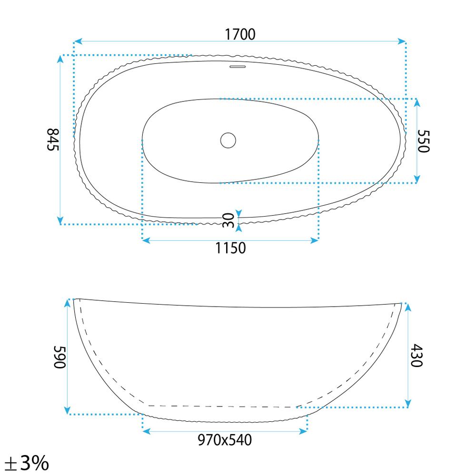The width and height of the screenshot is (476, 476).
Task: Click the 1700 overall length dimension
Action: click(240, 34)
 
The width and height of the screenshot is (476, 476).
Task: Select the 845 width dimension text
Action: click(53, 139)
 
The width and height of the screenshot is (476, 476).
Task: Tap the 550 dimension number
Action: click(424, 141)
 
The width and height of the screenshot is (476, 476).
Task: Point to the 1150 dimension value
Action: click(230, 248)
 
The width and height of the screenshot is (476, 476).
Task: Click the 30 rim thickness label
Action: click(228, 220)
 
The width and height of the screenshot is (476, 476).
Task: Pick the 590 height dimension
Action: click(59, 357)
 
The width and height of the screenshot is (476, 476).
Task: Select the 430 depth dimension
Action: click(416, 356)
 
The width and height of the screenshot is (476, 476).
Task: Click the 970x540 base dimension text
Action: click(225, 440)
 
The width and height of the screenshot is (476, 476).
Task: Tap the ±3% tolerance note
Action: click(27, 463)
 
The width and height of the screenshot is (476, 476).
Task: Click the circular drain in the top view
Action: click(228, 140)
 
